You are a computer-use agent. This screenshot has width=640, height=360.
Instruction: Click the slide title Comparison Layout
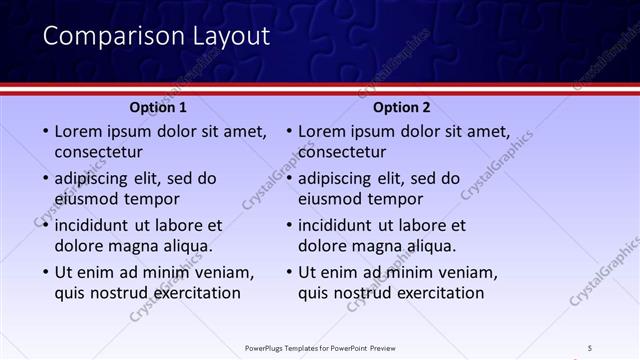(x=156, y=37)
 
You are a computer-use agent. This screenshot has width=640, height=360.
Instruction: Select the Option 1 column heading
(x=158, y=107)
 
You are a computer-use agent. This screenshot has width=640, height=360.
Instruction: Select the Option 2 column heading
(x=402, y=107)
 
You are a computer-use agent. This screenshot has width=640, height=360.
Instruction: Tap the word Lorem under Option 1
(x=78, y=131)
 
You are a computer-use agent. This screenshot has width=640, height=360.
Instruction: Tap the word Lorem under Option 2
(x=322, y=131)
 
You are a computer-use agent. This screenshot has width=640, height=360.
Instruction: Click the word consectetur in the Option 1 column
(x=98, y=152)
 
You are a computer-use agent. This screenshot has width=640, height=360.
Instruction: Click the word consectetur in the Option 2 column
(x=342, y=152)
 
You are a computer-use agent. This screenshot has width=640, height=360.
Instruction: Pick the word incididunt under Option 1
(x=97, y=225)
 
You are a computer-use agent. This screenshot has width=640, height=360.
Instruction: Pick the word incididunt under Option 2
(x=341, y=225)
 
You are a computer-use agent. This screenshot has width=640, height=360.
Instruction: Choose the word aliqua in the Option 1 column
(x=187, y=246)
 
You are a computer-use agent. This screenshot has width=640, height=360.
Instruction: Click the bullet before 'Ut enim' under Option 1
(x=44, y=272)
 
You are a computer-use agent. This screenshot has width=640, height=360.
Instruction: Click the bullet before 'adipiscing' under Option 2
(x=288, y=179)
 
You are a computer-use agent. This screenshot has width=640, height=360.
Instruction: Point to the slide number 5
(x=590, y=348)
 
